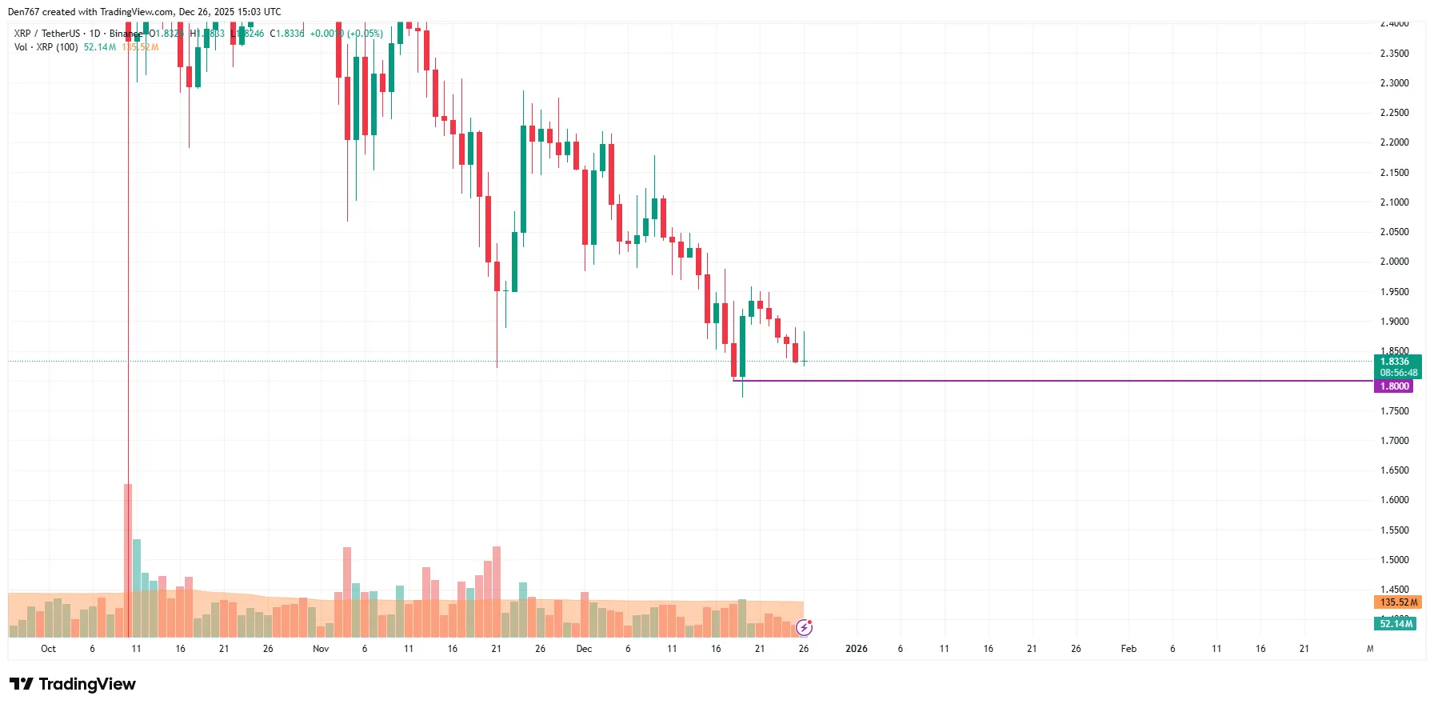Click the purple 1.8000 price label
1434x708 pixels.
tap(1394, 386)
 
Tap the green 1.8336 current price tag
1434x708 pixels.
tap(1397, 362)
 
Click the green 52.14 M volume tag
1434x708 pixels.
tap(1396, 624)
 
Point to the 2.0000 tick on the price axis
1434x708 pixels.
tap(1394, 262)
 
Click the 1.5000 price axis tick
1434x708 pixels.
tap(1394, 560)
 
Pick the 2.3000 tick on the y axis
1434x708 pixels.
tap(1394, 83)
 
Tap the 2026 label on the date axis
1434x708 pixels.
tap(856, 649)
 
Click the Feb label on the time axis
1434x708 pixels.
tap(1128, 649)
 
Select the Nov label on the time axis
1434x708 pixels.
tap(321, 649)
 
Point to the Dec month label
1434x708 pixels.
tap(584, 649)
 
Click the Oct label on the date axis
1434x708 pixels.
tap(48, 649)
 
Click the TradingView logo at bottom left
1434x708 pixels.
tap(72, 684)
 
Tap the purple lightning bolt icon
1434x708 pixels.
tap(805, 627)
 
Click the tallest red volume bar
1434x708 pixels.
tap(128, 560)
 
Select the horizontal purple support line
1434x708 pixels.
tap(1040, 381)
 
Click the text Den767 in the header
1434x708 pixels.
tap(23, 12)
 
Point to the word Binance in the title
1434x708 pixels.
tap(126, 34)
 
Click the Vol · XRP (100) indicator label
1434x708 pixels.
tap(46, 47)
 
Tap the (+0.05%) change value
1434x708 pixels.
tap(365, 34)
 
